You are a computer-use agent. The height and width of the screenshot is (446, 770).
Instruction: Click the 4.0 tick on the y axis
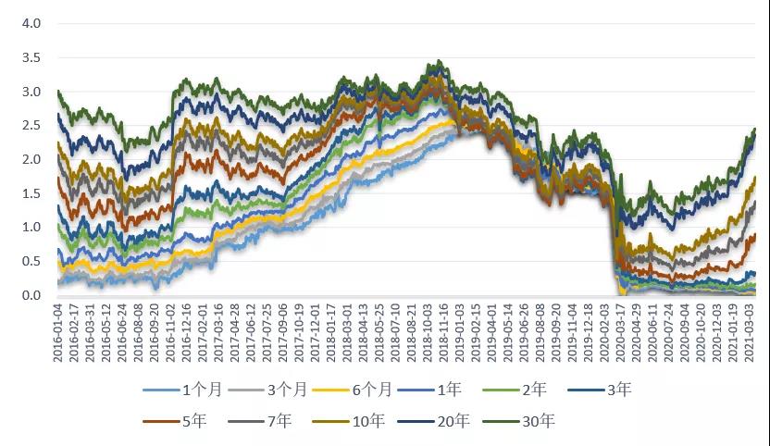31,23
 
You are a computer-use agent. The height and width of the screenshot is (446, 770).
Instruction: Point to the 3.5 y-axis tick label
31,57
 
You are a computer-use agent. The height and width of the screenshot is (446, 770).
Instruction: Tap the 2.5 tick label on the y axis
31,126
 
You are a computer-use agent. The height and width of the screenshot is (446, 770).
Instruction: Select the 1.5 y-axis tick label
31,193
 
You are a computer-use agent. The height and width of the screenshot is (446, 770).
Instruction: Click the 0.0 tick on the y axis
31,295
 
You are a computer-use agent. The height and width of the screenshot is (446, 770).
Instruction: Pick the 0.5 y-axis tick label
31,262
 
